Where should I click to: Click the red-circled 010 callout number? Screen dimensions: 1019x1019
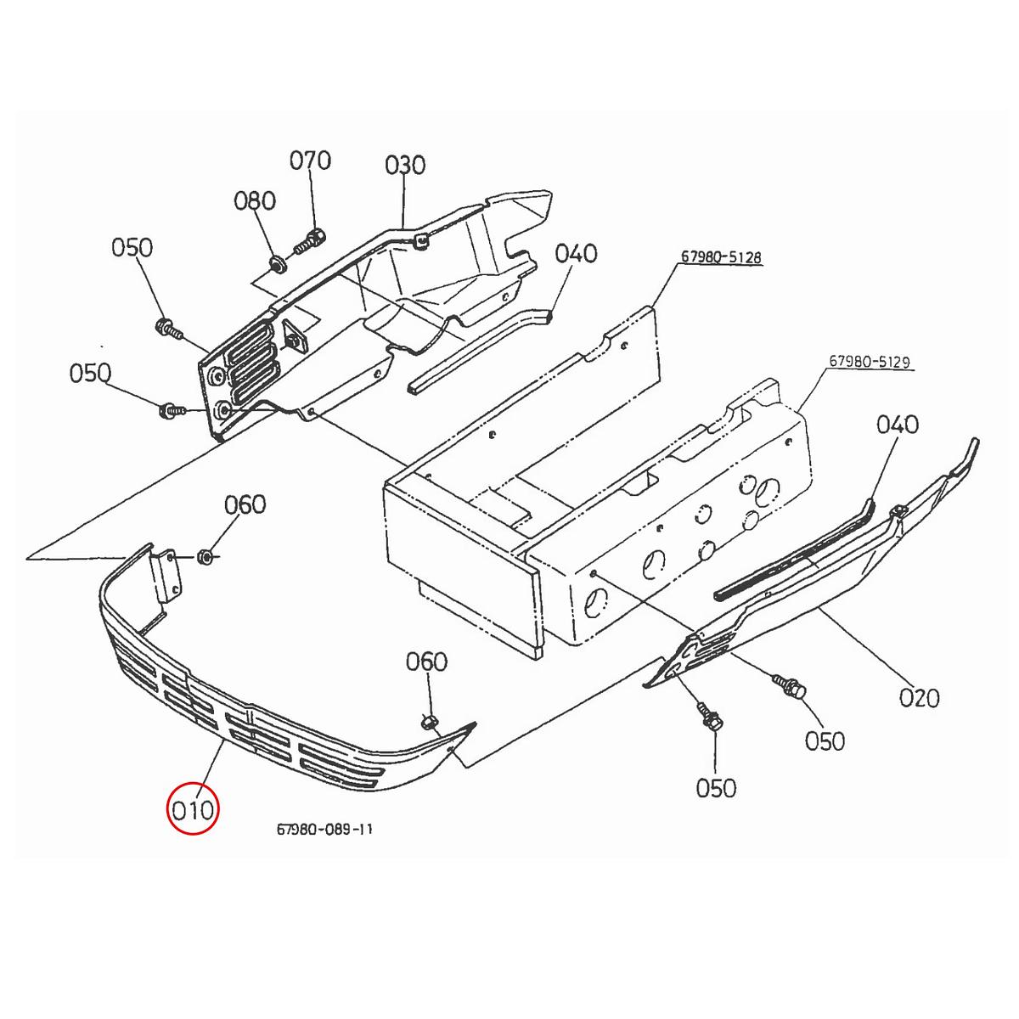194,809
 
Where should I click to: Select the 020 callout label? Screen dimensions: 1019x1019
919,698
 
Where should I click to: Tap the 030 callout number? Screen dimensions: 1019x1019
405,165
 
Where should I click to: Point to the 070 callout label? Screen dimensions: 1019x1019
310,160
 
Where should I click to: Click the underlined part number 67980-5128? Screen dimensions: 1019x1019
720,256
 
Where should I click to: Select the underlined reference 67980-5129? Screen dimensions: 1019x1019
869,362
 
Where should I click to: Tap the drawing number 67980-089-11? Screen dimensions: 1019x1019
324,830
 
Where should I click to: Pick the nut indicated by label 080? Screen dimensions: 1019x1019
276,264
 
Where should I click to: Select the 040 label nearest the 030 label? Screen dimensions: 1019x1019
577,253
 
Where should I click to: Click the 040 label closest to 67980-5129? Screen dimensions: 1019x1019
898,424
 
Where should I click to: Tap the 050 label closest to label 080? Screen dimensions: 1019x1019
132,247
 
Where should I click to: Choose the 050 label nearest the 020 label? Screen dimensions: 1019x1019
825,740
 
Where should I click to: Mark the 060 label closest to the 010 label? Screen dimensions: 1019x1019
426,661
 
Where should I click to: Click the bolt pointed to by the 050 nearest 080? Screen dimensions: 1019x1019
166,328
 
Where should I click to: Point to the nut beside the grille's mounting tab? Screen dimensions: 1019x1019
204,557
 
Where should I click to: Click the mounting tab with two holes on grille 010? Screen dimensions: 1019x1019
167,575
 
